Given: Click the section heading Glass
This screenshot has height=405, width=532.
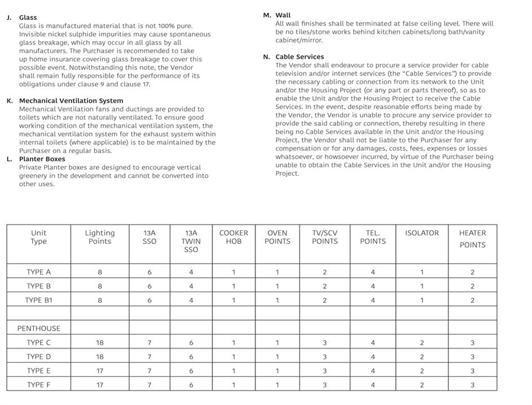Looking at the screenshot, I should (x=28, y=18).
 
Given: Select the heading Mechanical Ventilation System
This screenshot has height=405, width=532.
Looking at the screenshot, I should (x=71, y=101).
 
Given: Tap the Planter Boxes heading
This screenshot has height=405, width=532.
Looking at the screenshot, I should (x=42, y=159).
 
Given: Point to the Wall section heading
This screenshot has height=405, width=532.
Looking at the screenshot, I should (x=283, y=15).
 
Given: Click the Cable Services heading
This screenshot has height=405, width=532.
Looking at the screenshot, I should (x=300, y=56).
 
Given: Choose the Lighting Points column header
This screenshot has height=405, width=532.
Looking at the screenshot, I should (x=100, y=237).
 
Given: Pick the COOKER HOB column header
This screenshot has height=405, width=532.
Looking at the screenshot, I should (x=234, y=237).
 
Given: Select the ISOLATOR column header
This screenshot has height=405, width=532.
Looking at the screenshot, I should (x=421, y=233).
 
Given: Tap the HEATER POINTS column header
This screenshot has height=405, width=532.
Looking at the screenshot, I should (x=472, y=238).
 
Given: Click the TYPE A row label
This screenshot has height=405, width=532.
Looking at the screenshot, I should (x=38, y=272).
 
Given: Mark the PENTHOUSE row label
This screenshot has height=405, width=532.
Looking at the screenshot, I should (x=38, y=328).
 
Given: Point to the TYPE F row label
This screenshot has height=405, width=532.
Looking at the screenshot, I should (x=38, y=385).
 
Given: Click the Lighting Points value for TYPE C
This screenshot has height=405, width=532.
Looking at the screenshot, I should (x=100, y=342).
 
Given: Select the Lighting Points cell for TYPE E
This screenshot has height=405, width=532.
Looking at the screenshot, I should (x=100, y=371).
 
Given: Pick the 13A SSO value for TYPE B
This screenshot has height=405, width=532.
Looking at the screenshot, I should (x=150, y=286).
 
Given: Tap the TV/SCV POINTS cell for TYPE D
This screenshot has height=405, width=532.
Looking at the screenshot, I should (x=325, y=356).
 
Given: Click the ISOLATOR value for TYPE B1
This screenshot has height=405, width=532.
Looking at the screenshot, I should (x=421, y=300).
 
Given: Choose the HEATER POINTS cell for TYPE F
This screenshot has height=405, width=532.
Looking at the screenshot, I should (x=472, y=385).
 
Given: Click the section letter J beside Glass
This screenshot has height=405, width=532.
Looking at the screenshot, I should (x=9, y=18).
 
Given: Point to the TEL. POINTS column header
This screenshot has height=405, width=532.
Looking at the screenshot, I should (x=373, y=237).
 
